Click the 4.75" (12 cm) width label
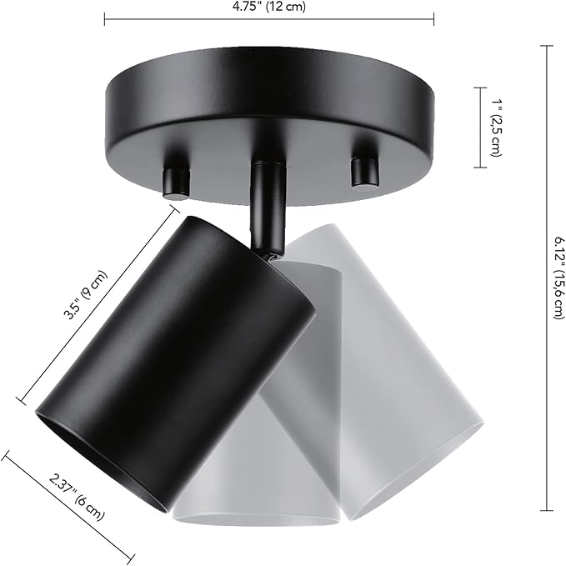(268, 8)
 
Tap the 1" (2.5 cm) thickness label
(495, 128)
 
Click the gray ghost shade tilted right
(400, 367)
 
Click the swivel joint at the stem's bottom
(270, 251)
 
